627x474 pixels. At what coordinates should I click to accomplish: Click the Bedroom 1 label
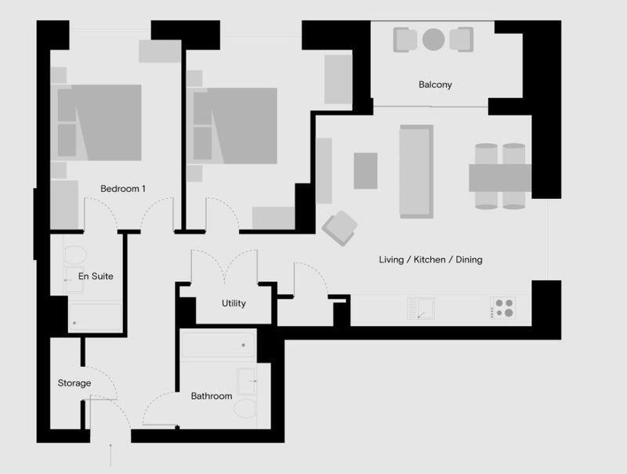click(123, 189)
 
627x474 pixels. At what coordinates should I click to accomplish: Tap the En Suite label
click(96, 276)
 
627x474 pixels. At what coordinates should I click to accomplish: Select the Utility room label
click(234, 303)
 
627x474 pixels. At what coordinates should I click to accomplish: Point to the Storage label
click(74, 383)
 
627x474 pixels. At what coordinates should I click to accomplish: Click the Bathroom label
click(212, 396)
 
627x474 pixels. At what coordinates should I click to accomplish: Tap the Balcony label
click(435, 85)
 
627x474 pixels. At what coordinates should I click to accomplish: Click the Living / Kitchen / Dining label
click(430, 260)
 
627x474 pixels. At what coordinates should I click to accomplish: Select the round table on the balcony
click(433, 40)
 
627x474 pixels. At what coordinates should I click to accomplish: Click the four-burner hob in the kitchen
click(503, 308)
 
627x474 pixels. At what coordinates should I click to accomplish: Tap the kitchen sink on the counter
click(421, 308)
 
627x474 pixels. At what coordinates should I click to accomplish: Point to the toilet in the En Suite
click(74, 255)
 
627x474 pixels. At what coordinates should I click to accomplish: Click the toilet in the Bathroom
click(245, 408)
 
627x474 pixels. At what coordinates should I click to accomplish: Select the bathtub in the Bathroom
click(219, 345)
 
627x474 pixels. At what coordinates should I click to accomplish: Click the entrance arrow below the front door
click(111, 455)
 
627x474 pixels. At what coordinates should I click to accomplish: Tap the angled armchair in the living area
click(340, 228)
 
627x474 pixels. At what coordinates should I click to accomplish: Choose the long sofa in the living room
click(416, 172)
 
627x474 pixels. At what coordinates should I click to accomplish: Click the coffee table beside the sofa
click(365, 171)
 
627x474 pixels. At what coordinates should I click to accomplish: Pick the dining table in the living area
click(500, 178)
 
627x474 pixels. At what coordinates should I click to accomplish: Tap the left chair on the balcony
click(405, 40)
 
